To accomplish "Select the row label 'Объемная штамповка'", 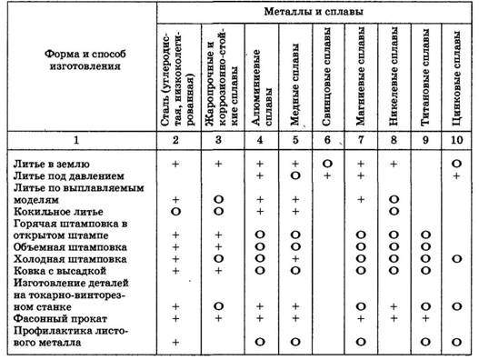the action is point(64,246).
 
